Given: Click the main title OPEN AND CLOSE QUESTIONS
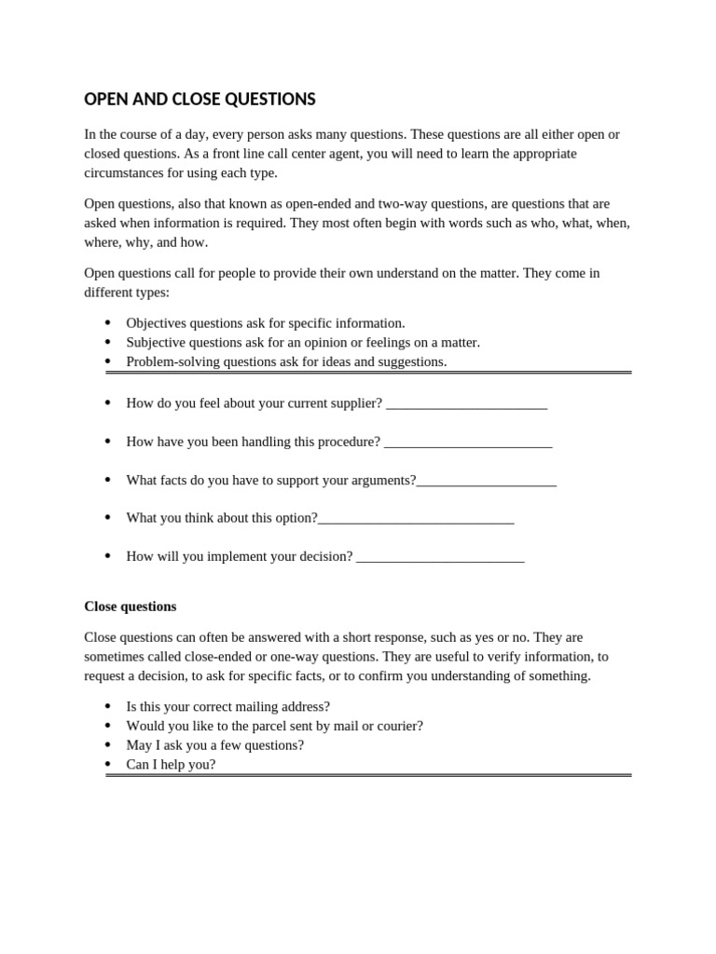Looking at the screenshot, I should click(x=200, y=99).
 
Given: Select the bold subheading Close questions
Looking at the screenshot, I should click(x=130, y=606).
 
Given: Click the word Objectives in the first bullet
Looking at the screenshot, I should click(x=157, y=323).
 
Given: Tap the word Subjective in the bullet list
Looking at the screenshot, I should click(x=157, y=343).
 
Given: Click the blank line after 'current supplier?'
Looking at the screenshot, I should click(x=466, y=404).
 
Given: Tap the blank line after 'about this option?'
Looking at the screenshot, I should click(x=416, y=519).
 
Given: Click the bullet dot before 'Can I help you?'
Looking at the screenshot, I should click(x=108, y=765).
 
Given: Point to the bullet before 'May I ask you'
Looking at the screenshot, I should click(x=108, y=745).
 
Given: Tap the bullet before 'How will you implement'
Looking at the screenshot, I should click(x=108, y=556).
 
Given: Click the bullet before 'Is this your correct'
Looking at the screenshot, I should click(x=108, y=707).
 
